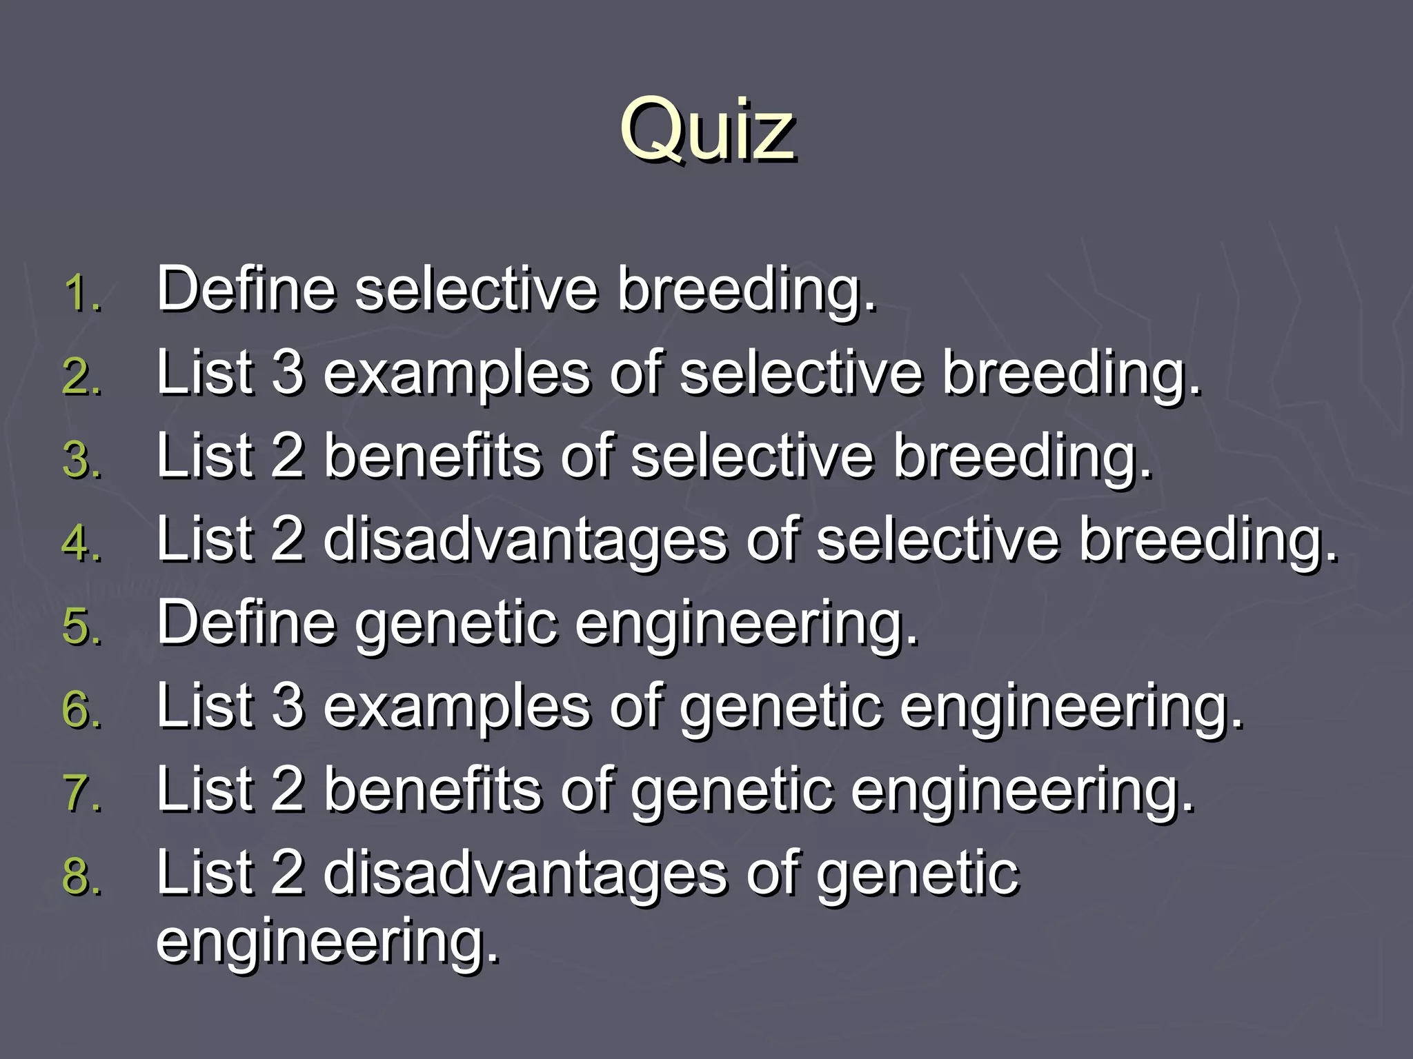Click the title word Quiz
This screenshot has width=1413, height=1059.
tap(706, 130)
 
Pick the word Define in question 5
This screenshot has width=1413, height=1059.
tap(246, 622)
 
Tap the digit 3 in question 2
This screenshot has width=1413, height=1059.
tap(288, 372)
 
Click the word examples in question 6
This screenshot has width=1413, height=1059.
tap(457, 707)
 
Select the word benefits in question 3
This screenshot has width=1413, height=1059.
tap(433, 456)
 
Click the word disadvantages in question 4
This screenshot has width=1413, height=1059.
tap(525, 541)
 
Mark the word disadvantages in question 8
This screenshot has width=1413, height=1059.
tap(525, 874)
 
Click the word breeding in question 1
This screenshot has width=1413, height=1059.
tap(745, 290)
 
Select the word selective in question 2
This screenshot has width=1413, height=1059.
tap(801, 372)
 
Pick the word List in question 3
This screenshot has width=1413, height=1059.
tap(204, 456)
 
